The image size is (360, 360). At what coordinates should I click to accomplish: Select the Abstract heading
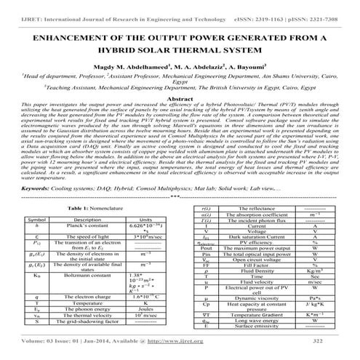(x=180, y=97)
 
